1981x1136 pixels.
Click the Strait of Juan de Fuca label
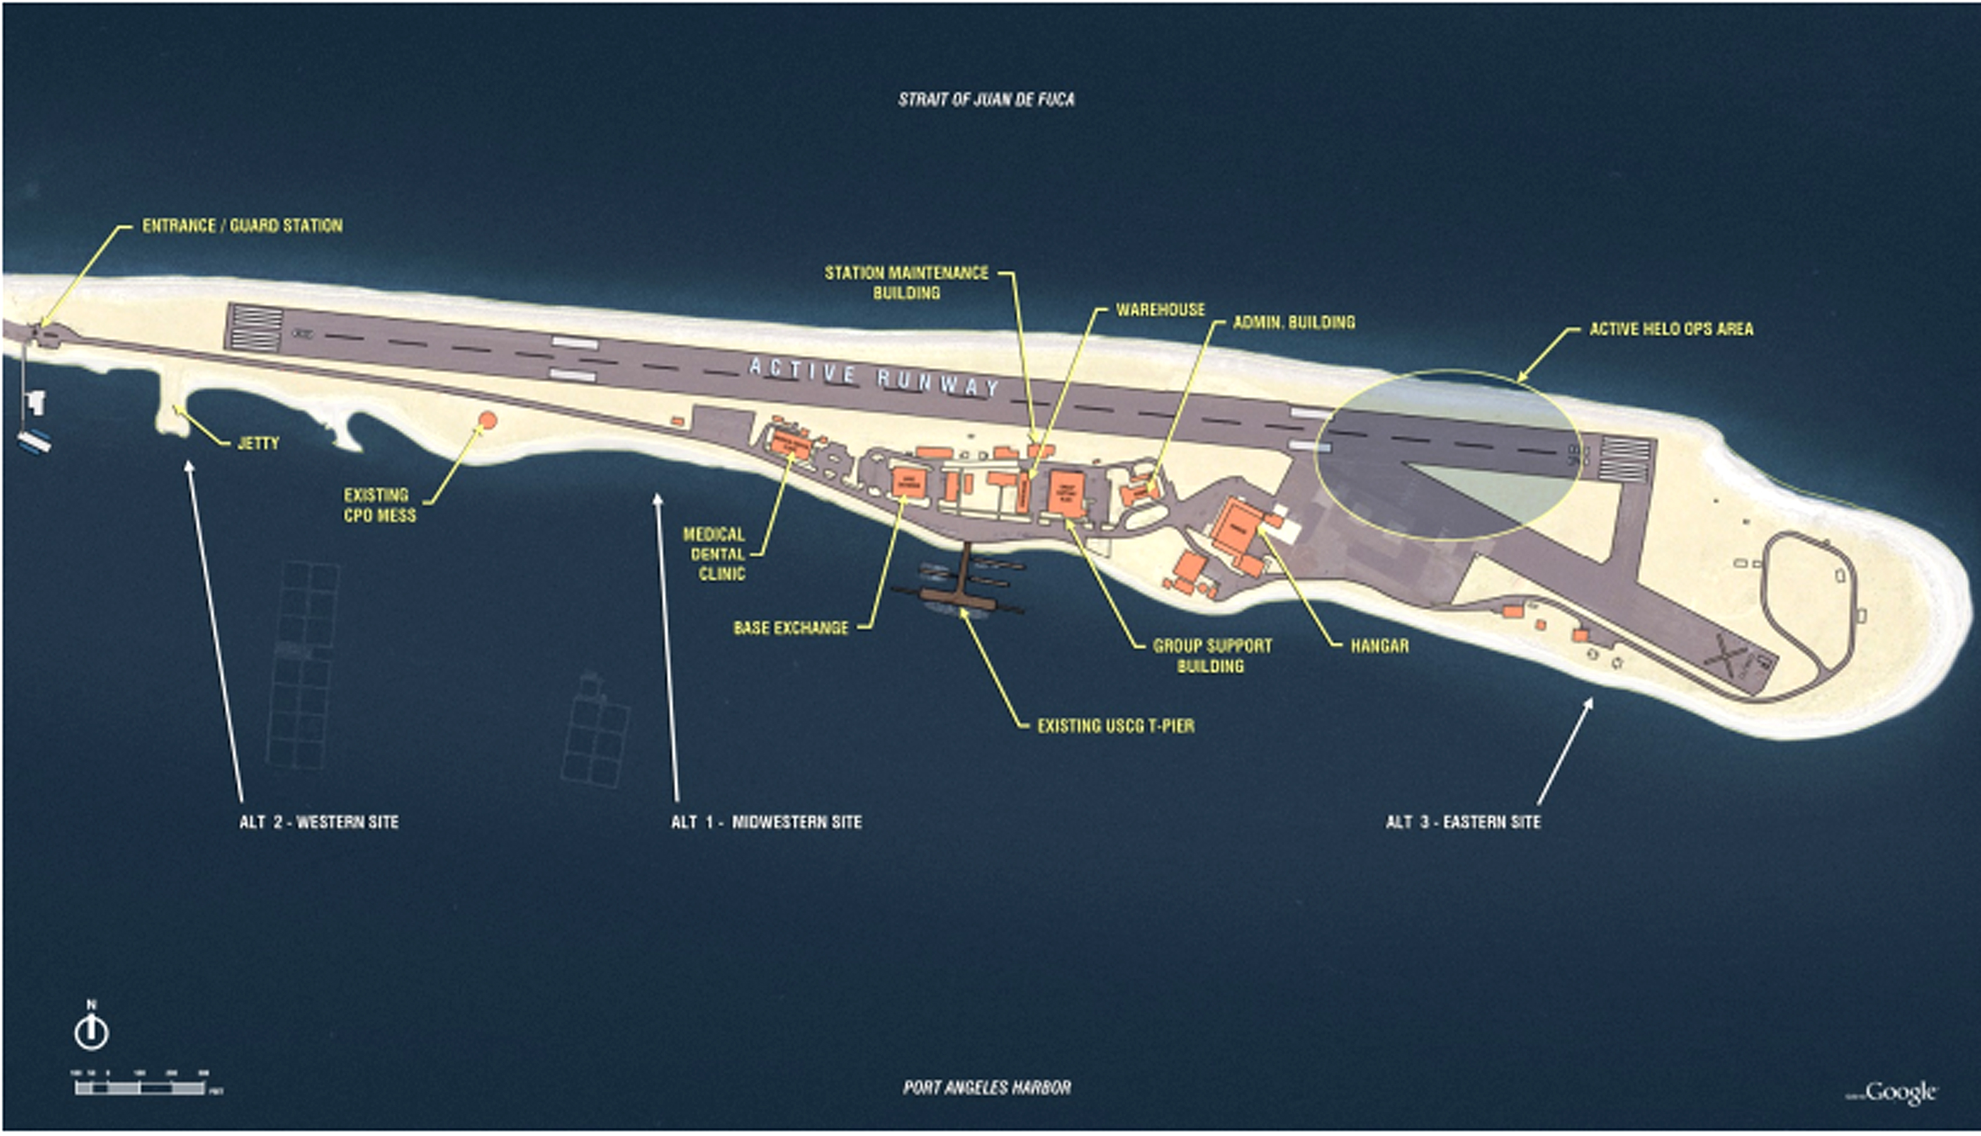click(985, 100)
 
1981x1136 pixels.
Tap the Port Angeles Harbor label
click(986, 1088)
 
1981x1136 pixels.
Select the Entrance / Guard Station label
click(242, 226)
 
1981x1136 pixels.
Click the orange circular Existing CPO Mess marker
click(487, 421)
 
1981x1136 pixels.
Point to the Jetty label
click(258, 444)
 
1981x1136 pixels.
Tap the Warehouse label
click(1160, 310)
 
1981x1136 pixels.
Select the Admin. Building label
click(1293, 323)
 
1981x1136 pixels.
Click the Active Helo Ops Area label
click(1671, 329)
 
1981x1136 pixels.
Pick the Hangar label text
click(1380, 646)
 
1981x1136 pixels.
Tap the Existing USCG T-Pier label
click(1116, 726)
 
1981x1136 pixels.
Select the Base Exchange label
click(791, 628)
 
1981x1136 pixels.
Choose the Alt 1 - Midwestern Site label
click(766, 823)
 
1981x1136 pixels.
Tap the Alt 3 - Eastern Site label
click(1463, 823)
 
